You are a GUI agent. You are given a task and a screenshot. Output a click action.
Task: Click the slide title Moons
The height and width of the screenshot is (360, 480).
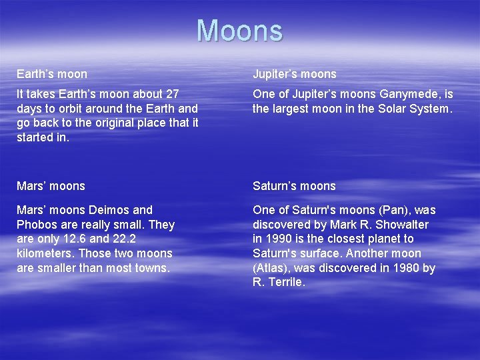coord(239,31)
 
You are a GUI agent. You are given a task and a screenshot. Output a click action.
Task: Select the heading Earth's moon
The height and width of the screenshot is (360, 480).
coord(52,74)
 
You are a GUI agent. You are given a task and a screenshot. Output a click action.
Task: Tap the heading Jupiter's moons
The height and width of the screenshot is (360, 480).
coord(294,74)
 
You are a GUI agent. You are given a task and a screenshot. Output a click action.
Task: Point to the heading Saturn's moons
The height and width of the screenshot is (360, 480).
coord(294,186)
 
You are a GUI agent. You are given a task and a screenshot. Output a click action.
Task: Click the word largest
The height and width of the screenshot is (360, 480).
coord(290,109)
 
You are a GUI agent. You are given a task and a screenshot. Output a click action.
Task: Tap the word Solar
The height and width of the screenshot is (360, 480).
coord(382,109)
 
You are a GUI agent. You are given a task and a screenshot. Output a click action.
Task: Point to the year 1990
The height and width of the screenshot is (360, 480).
coord(280,239)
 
